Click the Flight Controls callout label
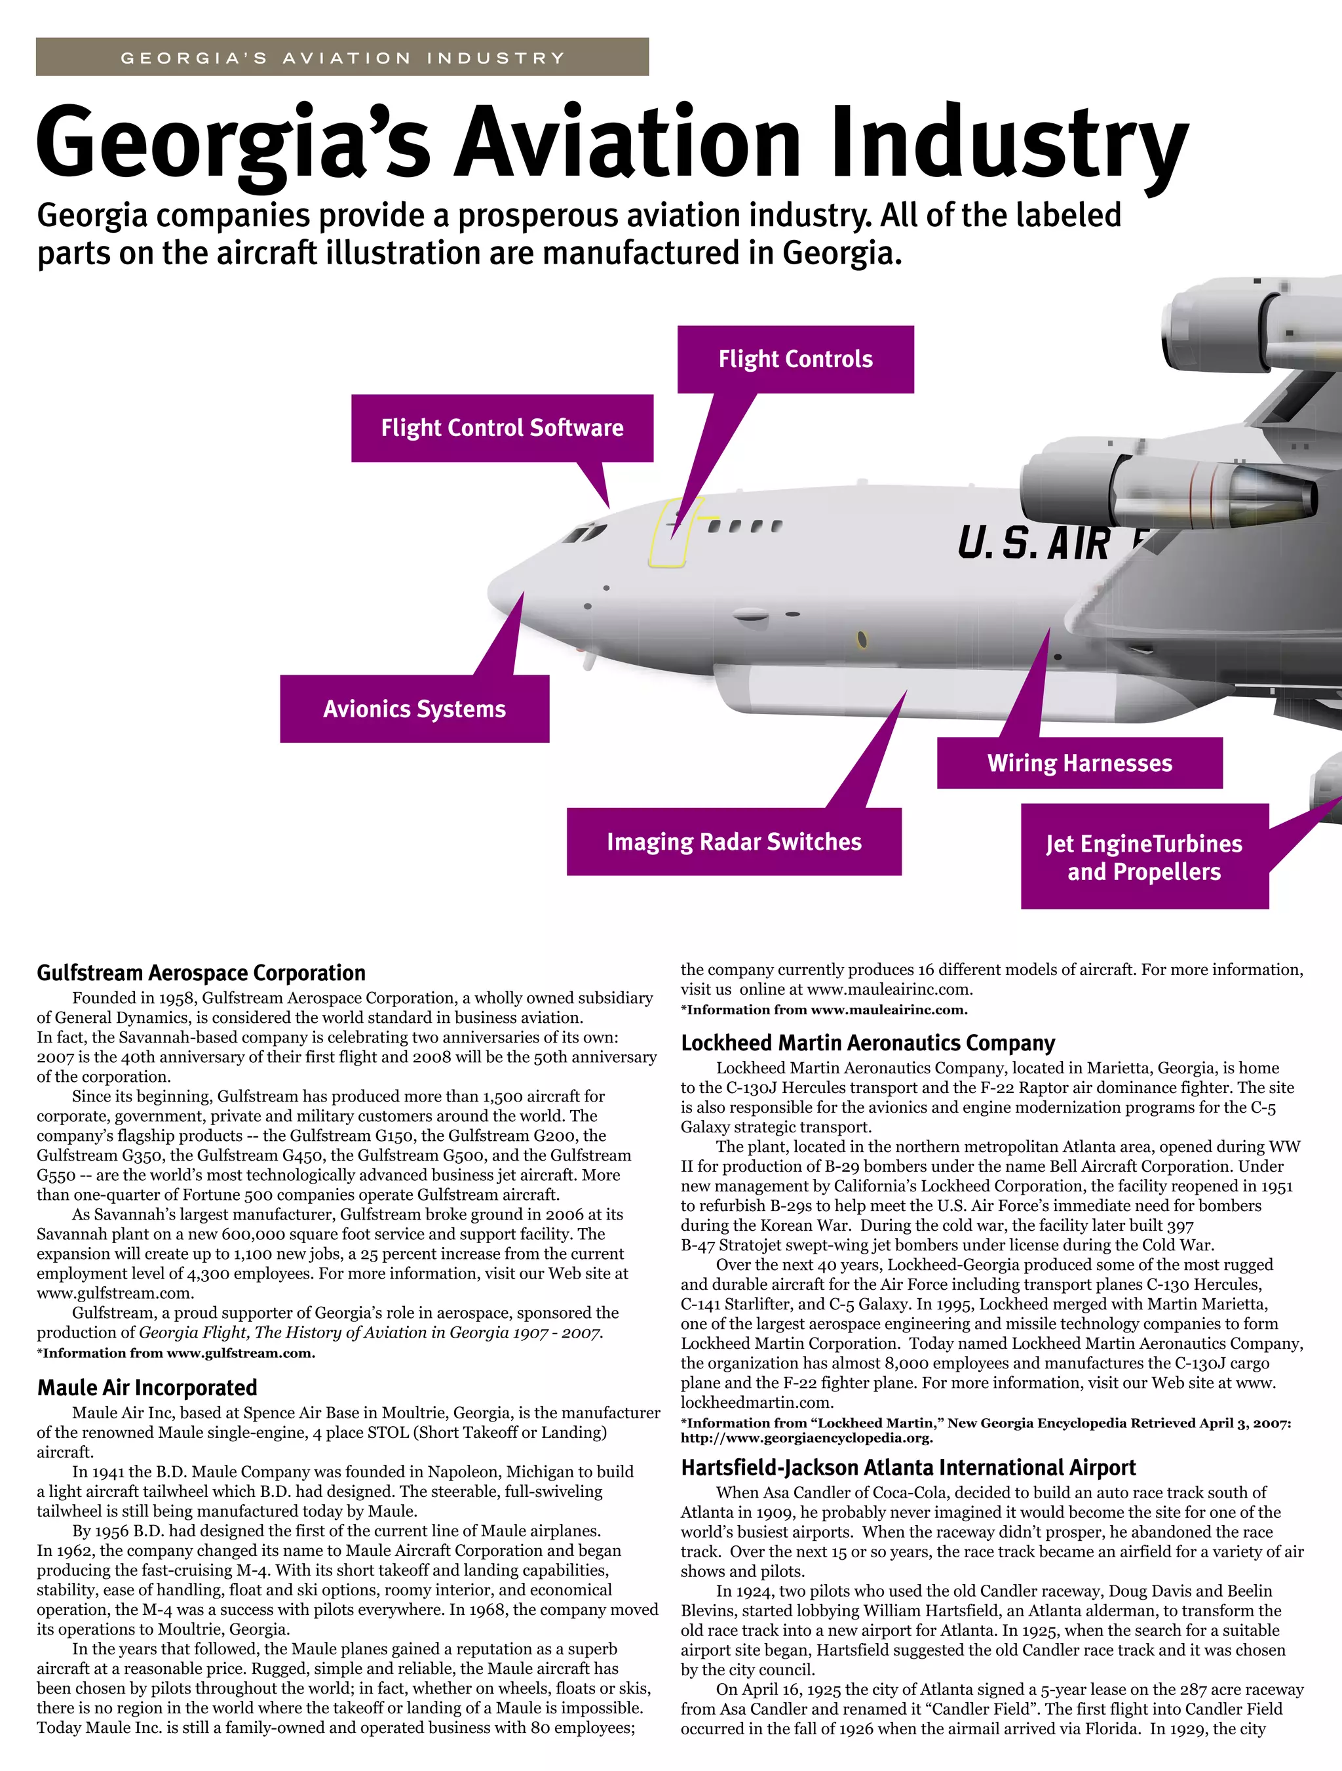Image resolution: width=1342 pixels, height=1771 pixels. [x=796, y=359]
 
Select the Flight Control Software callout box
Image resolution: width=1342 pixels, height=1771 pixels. [x=502, y=428]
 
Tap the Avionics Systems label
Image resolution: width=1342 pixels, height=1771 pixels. [x=415, y=709]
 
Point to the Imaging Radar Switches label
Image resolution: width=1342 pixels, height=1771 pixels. [x=734, y=843]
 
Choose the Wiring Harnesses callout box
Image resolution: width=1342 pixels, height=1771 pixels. [x=1079, y=764]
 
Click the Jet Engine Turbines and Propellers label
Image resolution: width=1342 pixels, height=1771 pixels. [x=1144, y=858]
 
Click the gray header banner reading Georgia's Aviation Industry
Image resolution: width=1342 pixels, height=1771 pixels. [x=343, y=58]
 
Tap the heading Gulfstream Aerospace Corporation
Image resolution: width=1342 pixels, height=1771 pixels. [x=201, y=974]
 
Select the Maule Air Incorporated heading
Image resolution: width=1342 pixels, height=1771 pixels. [x=147, y=1387]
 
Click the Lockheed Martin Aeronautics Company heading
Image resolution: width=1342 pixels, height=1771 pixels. [x=868, y=1043]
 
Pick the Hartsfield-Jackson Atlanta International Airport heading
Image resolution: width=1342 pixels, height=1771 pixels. [x=908, y=1467]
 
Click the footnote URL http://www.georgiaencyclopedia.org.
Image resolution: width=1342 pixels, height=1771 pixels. [x=807, y=1438]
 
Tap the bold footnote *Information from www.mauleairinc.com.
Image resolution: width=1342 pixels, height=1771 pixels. [x=824, y=1010]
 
